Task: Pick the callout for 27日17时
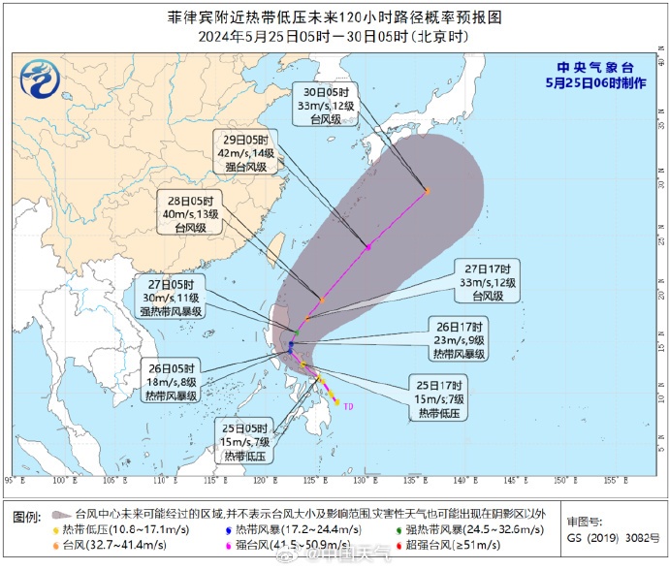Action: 491,281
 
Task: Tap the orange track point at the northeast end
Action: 427,191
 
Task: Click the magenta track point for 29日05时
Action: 368,246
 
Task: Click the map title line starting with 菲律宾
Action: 334,17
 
